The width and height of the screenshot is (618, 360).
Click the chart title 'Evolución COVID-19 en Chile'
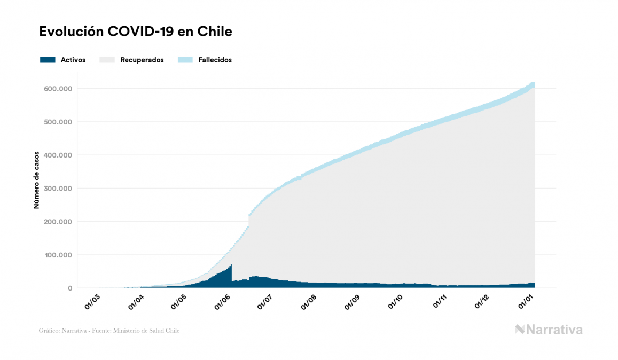pyautogui.click(x=136, y=32)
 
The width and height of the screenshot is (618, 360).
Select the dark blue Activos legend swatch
pyautogui.click(x=48, y=60)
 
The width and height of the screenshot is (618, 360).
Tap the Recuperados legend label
pyautogui.click(x=142, y=60)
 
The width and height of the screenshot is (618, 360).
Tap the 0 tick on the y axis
pyautogui.click(x=69, y=288)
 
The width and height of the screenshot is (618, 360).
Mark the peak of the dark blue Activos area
pyautogui.click(x=231, y=265)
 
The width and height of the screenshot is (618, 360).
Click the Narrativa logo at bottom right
pyautogui.click(x=549, y=330)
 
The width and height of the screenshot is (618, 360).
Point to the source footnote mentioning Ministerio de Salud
pyautogui.click(x=109, y=331)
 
